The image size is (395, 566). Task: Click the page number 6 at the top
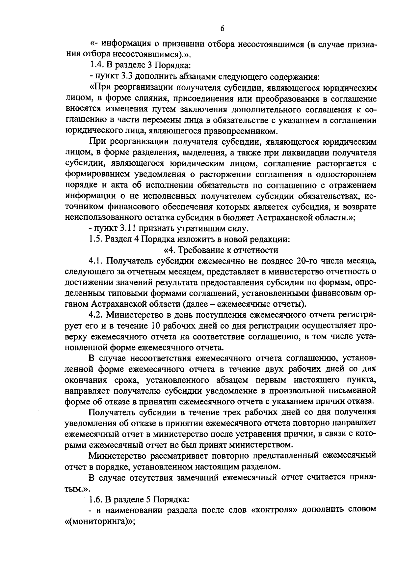coord(222,29)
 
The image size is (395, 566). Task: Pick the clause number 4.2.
coord(96,315)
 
